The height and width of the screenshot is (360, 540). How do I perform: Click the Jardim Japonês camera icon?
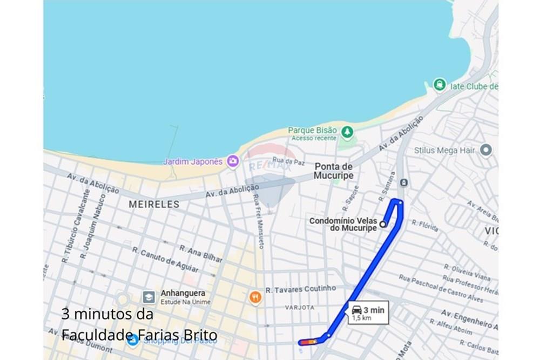click(233, 161)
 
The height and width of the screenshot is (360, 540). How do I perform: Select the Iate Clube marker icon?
click(440, 85)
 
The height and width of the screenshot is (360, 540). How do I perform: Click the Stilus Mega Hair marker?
click(486, 150)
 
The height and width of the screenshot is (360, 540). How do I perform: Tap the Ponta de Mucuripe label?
click(334, 171)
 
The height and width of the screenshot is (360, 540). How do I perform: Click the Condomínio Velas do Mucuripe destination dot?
click(383, 224)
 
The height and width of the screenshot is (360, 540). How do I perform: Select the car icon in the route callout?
click(357, 310)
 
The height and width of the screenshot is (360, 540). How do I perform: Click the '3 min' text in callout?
click(374, 310)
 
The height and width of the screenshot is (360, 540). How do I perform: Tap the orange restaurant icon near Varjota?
click(255, 296)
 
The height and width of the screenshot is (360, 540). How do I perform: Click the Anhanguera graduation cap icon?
click(148, 297)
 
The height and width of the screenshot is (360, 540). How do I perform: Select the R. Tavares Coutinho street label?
click(300, 290)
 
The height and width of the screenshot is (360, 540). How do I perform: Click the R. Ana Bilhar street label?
click(200, 254)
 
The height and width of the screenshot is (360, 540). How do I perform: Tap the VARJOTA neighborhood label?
click(299, 307)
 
